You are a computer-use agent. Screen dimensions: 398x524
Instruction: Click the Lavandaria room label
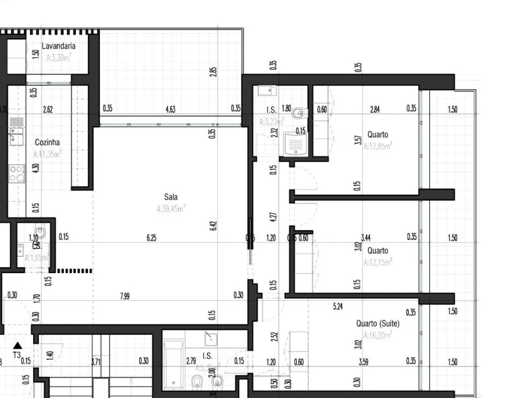coord(59,46)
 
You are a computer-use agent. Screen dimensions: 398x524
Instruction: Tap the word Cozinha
coord(47,143)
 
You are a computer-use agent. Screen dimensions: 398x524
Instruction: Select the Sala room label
coord(171,197)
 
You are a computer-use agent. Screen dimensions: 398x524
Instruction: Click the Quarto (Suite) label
coord(378,323)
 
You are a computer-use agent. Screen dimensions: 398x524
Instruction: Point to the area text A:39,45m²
coord(171,209)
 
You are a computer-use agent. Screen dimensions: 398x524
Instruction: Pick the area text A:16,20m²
coord(378,335)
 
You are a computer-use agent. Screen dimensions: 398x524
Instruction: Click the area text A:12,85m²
coord(378,146)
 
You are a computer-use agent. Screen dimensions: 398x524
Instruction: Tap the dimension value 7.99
coord(125,296)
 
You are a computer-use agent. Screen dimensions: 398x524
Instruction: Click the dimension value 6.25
coord(151,238)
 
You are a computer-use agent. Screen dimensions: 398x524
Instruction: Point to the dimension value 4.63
coord(170,109)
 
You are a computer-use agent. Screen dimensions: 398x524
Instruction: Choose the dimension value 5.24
coord(338,306)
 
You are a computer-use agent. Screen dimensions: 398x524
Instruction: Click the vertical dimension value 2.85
coord(213,72)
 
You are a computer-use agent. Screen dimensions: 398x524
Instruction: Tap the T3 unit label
coord(17,355)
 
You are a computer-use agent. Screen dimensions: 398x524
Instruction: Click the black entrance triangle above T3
coord(17,345)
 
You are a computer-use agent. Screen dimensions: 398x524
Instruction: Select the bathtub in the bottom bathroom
coord(174,364)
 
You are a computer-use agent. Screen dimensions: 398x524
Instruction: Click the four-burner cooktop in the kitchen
coord(17,174)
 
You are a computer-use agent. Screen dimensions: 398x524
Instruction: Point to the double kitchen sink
coord(17,136)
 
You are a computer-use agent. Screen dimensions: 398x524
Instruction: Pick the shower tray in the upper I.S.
coord(296,145)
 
